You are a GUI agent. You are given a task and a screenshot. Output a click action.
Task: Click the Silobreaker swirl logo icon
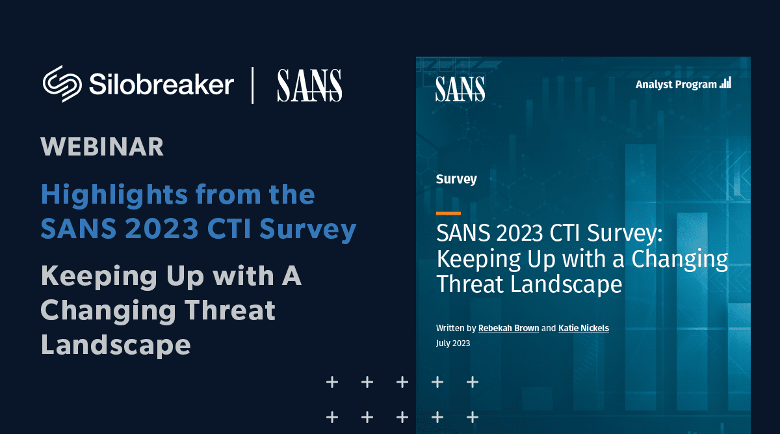pos(62,84)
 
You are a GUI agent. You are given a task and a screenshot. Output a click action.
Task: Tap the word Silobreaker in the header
pos(162,84)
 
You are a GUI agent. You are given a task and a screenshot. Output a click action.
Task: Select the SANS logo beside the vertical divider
pos(309,85)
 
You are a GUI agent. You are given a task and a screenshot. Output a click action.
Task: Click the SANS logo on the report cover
pos(460,89)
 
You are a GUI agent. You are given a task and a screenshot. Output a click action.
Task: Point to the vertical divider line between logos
pos(252,85)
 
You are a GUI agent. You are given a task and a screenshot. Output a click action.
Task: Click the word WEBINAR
pos(102,147)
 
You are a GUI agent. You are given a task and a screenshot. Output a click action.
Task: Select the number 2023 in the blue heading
pos(162,228)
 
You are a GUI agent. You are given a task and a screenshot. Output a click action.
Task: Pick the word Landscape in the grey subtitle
pos(116,345)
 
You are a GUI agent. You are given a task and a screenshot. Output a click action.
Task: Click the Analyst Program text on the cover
pos(676,85)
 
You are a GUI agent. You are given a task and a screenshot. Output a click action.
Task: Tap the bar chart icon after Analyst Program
pos(725,83)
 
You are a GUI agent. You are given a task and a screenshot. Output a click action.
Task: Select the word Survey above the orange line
pos(456,180)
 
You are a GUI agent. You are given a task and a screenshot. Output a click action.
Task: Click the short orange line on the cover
pos(448,213)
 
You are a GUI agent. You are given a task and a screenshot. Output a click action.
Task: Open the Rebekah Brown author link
pos(508,328)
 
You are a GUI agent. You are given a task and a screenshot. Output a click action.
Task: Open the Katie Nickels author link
pos(584,328)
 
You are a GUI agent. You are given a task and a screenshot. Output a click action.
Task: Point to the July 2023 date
pos(453,344)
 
